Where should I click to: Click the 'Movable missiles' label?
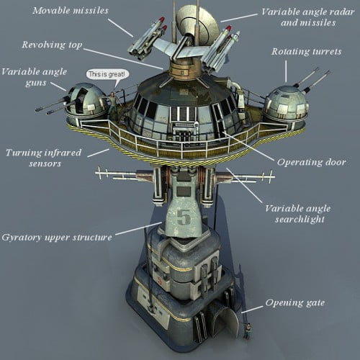pyautogui.click(x=71, y=11)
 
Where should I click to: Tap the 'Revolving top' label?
pyautogui.click(x=52, y=45)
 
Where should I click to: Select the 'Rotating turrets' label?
pyautogui.click(x=307, y=52)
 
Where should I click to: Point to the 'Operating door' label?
pyautogui.click(x=312, y=162)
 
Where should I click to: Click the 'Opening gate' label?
pyautogui.click(x=295, y=302)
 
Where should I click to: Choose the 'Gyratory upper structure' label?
pyautogui.click(x=57, y=238)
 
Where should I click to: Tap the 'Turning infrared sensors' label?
pyautogui.click(x=43, y=158)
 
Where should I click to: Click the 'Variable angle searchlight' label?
pyautogui.click(x=298, y=214)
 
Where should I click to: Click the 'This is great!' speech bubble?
pyautogui.click(x=107, y=74)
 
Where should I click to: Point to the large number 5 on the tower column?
pyautogui.click(x=184, y=217)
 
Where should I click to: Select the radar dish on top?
pyautogui.click(x=197, y=24)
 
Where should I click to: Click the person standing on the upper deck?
pyautogui.click(x=113, y=105)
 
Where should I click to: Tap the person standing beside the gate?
pyautogui.click(x=248, y=330)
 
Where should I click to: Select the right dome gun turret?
pyautogui.click(x=287, y=104)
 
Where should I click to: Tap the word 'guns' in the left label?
pyautogui.click(x=36, y=83)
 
